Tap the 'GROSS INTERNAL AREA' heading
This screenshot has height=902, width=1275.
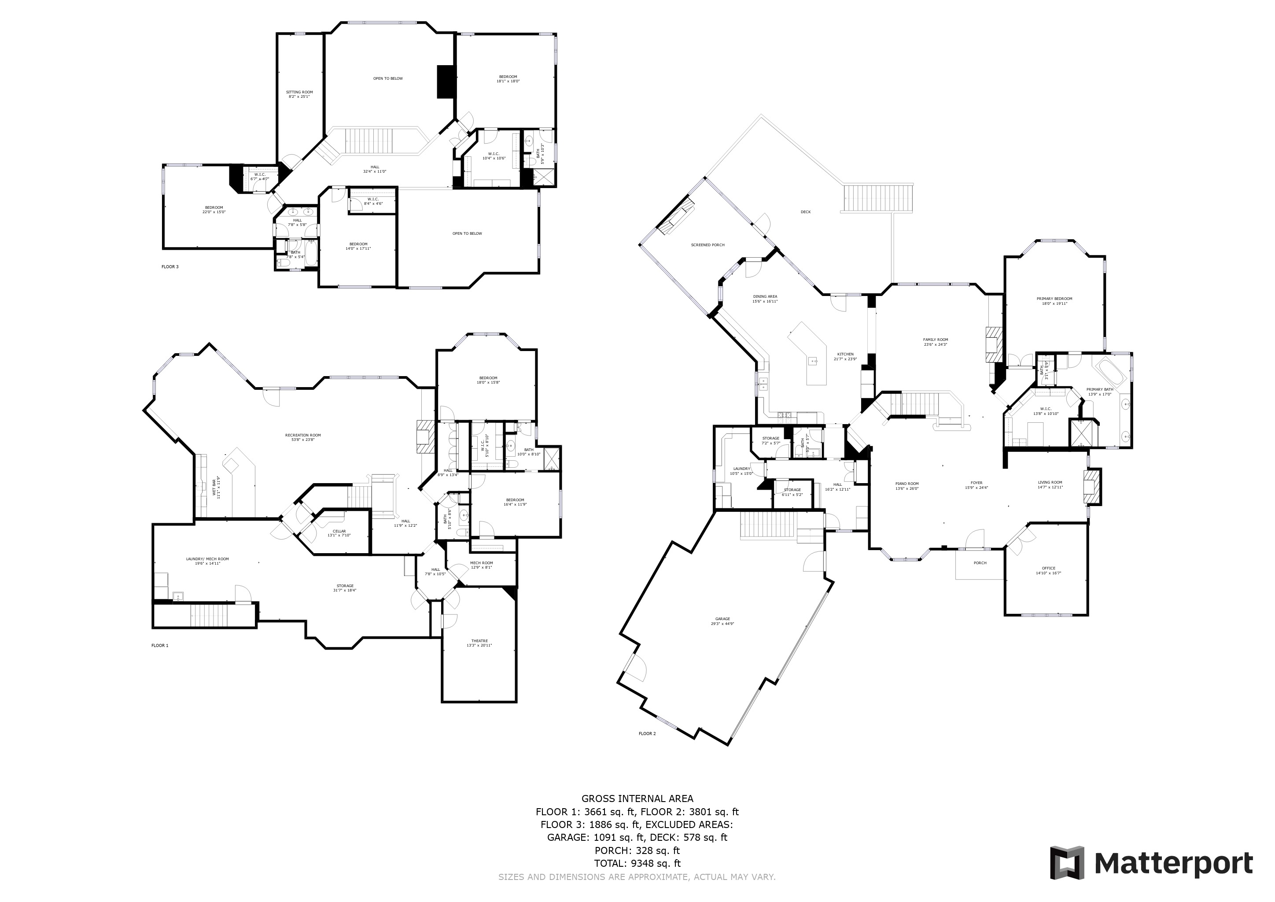point(637,798)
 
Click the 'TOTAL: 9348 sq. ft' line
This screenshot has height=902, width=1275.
point(637,863)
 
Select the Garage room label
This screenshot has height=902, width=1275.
point(722,621)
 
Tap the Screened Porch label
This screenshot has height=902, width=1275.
point(708,245)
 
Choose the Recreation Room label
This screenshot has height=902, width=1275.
point(302,437)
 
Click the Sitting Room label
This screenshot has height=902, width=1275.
point(299,94)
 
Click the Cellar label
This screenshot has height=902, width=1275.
point(339,533)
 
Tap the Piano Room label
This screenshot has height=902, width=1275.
point(907,485)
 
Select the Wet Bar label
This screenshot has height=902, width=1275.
point(216,488)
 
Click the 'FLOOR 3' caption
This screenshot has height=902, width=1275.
point(170,266)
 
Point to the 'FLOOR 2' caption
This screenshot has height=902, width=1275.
point(647,734)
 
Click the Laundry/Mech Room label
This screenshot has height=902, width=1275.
point(207,561)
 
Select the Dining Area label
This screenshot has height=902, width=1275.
point(765,299)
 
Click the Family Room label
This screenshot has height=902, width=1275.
point(936,342)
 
